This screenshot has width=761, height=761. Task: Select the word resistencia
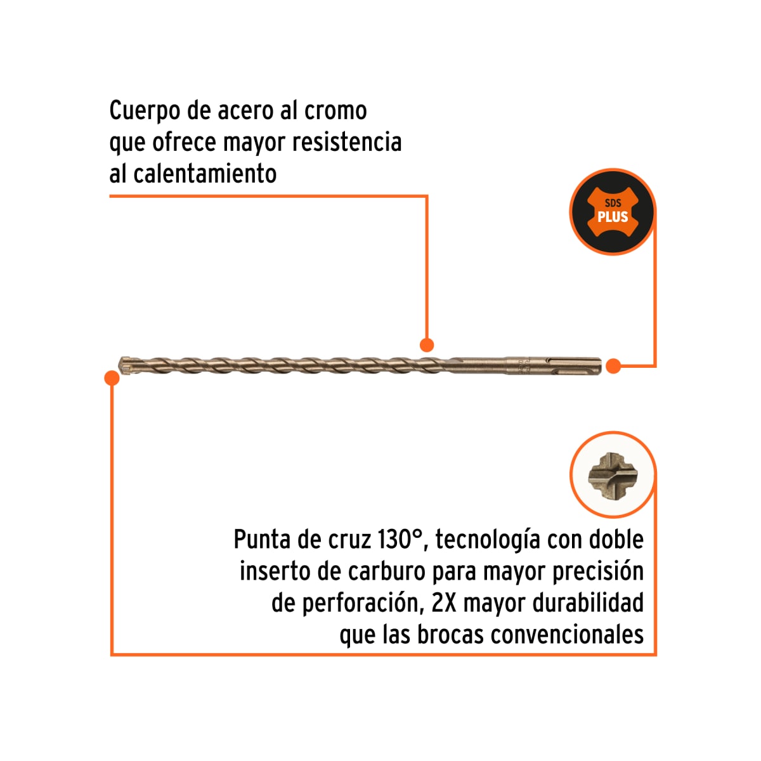(347, 142)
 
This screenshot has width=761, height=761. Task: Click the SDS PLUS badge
(613, 212)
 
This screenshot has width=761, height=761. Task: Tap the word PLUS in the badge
(613, 217)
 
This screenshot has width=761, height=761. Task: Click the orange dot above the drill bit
(427, 345)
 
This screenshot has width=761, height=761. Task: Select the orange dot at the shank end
(613, 366)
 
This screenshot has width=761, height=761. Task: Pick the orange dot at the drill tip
(112, 378)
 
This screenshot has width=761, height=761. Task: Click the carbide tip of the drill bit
(126, 366)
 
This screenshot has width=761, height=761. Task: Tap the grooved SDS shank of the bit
(553, 366)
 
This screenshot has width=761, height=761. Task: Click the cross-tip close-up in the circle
(613, 476)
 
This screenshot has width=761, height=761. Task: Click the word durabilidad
(588, 602)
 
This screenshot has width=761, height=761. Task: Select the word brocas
(451, 634)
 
